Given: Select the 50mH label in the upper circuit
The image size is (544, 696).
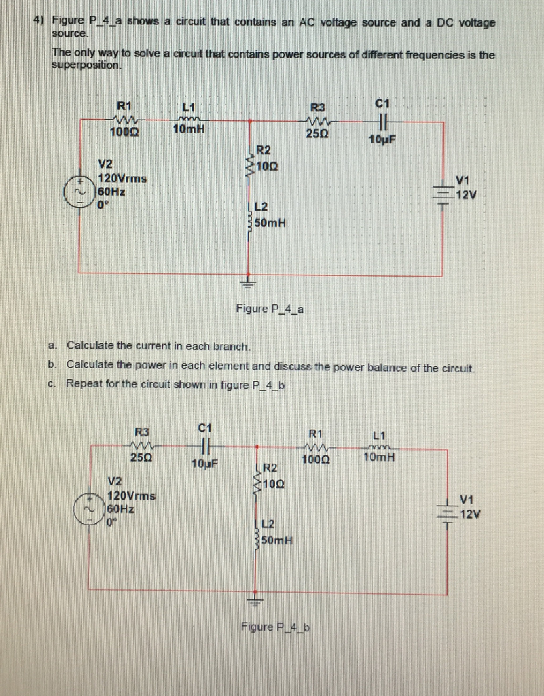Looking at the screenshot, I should (x=270, y=222).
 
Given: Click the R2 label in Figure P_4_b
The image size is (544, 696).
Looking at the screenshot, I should (x=270, y=468).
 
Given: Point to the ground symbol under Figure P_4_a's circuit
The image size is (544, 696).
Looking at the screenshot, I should (x=249, y=282).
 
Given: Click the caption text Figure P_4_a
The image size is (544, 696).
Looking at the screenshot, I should (x=270, y=309).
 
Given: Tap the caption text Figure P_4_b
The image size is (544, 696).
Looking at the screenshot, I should (x=274, y=626).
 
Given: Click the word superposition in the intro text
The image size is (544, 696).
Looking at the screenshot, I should (x=87, y=66).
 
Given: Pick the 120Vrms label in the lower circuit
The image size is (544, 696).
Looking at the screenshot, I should (x=132, y=496).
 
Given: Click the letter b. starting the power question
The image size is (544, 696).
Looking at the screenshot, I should (x=52, y=367).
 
